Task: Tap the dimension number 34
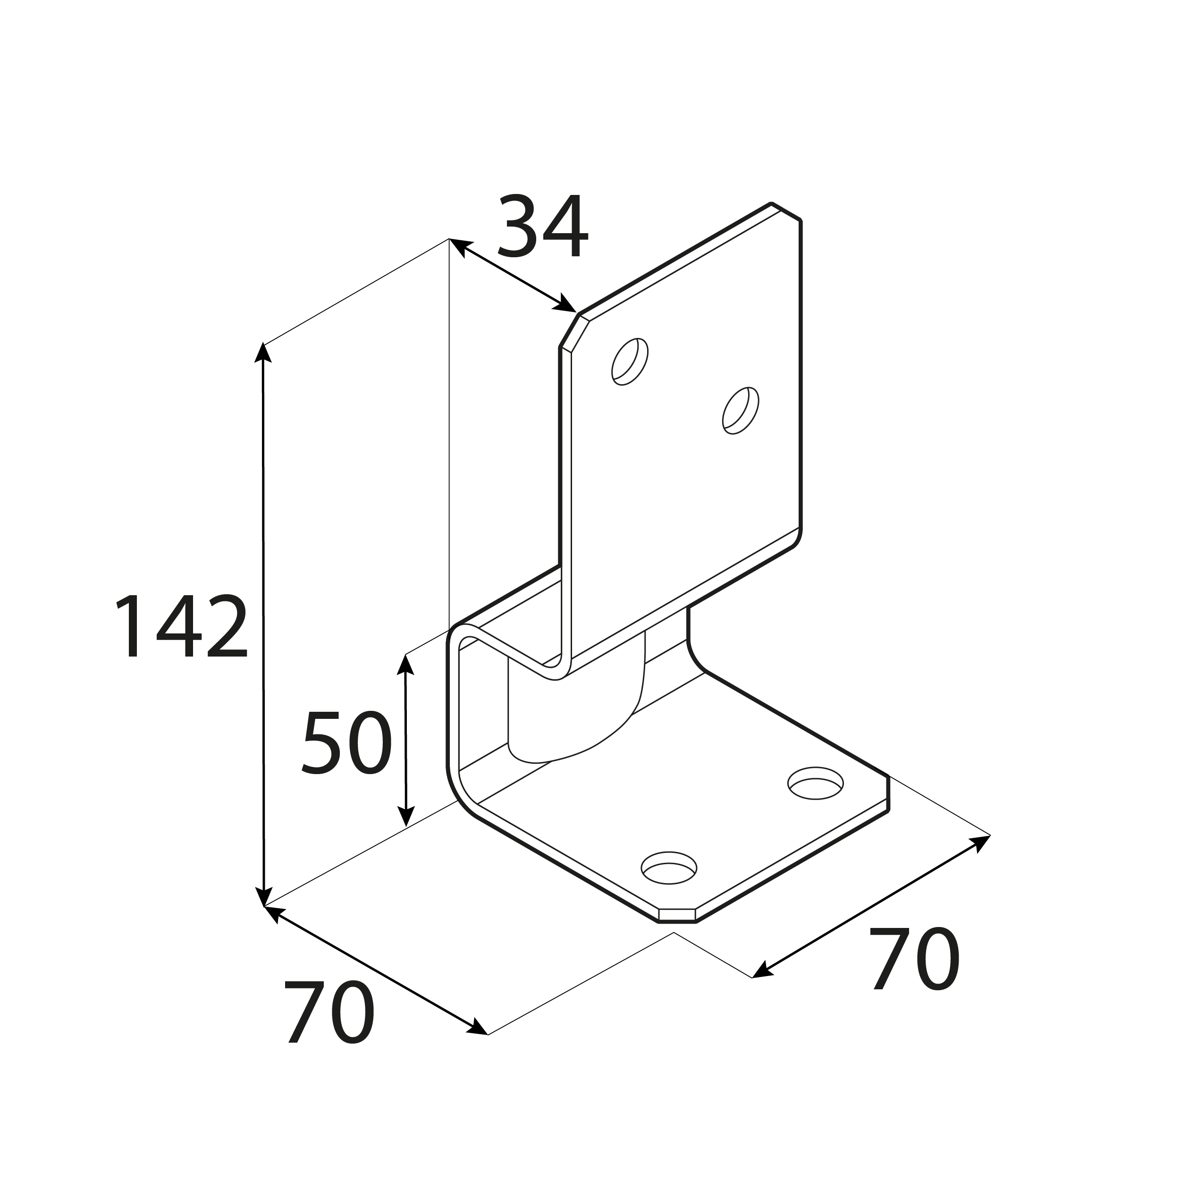[543, 226]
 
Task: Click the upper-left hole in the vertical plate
[630, 362]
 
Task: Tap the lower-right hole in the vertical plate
[740, 411]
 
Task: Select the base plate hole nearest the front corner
[668, 868]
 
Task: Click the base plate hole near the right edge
[815, 783]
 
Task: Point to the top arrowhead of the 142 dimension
[262, 353]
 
